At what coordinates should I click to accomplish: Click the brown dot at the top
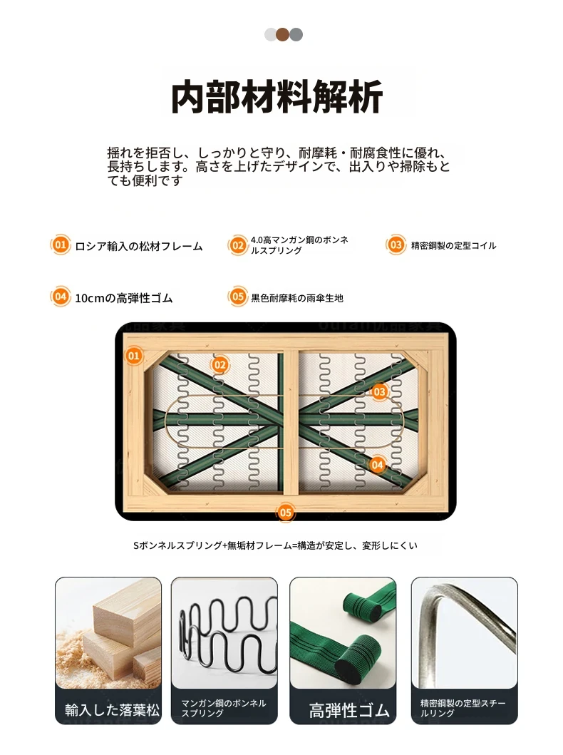283,35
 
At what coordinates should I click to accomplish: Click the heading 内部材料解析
277,97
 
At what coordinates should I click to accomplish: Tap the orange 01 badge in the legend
60,245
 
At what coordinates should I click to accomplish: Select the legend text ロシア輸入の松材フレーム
139,246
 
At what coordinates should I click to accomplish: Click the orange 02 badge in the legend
238,245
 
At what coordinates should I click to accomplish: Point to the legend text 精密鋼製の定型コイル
453,245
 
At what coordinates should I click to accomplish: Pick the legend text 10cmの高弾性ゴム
124,298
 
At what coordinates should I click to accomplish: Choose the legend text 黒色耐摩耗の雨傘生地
297,298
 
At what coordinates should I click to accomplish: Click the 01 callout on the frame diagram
134,356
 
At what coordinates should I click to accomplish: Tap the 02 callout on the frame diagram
220,364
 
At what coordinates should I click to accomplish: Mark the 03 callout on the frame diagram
379,391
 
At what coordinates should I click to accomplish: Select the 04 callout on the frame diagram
377,465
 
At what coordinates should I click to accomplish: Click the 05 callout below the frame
285,513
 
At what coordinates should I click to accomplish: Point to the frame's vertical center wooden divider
291,422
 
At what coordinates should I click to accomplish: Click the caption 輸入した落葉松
112,710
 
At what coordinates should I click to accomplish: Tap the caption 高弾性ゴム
349,710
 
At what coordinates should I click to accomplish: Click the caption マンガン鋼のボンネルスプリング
223,708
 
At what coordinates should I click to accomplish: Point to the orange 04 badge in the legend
60,297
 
